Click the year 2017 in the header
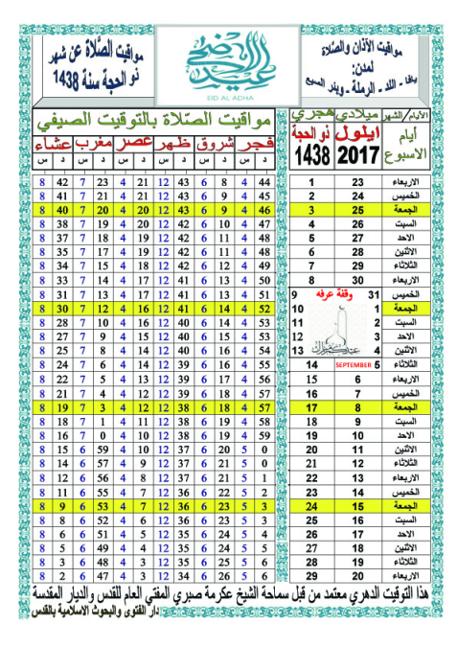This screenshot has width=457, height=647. [357, 155]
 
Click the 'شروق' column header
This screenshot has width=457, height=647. [215, 146]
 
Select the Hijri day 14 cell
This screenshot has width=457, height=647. [312, 364]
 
